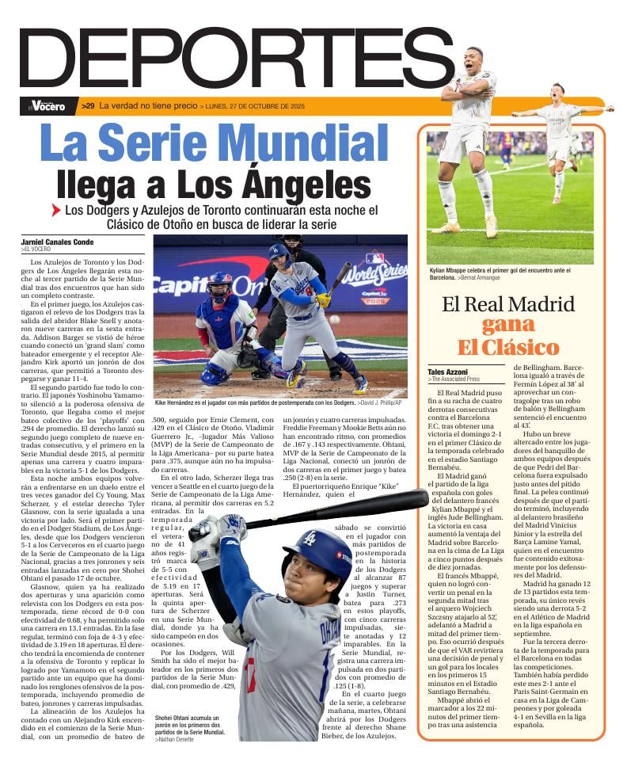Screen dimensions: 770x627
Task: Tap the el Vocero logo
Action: pyautogui.click(x=47, y=105)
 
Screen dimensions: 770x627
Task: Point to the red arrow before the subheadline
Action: pyautogui.click(x=55, y=211)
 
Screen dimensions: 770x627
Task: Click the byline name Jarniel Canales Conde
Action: pyautogui.click(x=57, y=242)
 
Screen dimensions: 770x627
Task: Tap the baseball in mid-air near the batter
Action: pyautogui.click(x=333, y=318)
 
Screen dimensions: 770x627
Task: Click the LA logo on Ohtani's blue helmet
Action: pyautogui.click(x=310, y=539)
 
